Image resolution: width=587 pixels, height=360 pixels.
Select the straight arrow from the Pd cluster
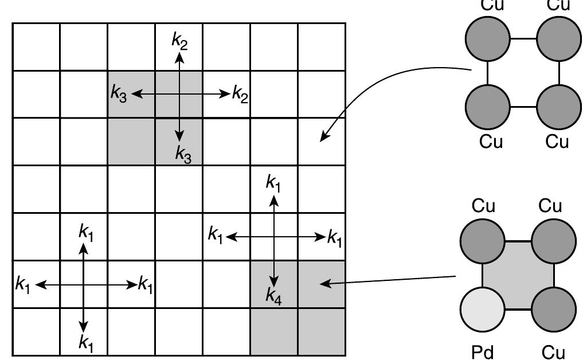tap(390, 280)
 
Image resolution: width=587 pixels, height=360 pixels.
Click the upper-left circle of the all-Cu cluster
tap(487, 38)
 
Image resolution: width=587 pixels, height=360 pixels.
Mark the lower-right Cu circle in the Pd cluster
tap(553, 310)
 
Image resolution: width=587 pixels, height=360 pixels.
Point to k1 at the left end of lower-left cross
tap(23, 284)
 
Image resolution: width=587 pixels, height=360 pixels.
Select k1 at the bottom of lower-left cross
tap(85, 343)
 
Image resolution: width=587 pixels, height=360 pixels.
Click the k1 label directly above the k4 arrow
tap(273, 183)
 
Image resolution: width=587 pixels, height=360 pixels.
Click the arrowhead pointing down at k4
tap(274, 281)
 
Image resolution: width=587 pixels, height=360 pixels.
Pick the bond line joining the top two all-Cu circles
tap(523, 39)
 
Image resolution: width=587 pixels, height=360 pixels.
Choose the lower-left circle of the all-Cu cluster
tap(487, 107)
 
